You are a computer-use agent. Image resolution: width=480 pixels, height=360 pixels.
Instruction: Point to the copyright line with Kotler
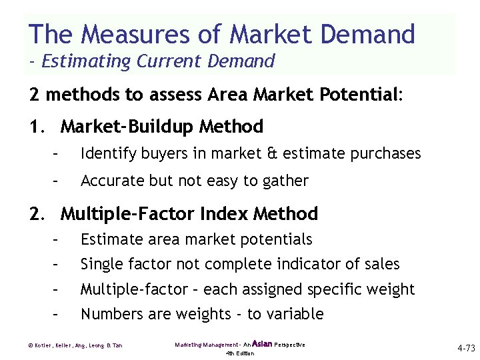[76, 345]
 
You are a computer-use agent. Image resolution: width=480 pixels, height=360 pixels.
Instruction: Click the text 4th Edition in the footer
[240, 353]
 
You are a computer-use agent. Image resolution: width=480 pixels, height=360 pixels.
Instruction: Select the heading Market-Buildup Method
[161, 126]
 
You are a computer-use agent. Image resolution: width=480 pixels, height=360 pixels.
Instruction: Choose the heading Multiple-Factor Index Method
[189, 214]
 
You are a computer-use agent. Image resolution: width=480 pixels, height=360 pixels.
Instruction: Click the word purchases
[389, 154]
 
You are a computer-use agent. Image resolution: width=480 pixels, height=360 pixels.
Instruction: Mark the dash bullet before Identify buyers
[56, 154]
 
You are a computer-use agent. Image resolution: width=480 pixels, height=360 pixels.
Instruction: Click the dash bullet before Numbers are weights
[56, 314]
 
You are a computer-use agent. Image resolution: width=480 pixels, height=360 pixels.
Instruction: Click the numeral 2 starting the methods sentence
[34, 95]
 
